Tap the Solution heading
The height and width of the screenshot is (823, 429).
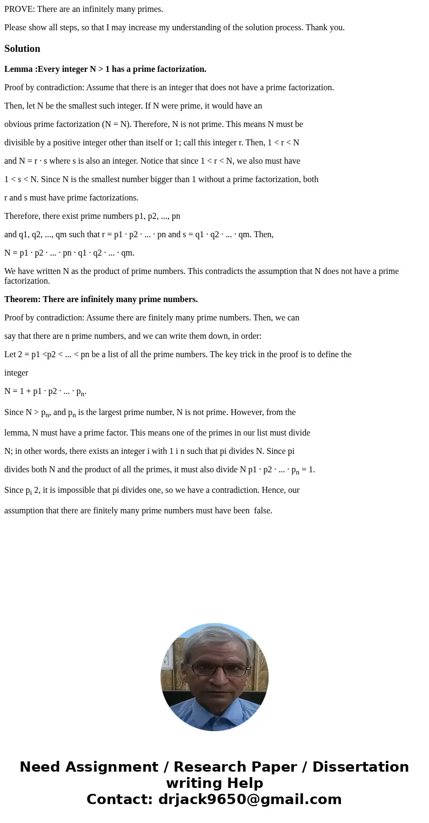click(x=22, y=49)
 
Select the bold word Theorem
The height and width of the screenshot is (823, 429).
click(x=23, y=299)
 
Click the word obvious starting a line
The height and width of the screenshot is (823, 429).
click(x=18, y=124)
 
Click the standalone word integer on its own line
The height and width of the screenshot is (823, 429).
click(x=16, y=373)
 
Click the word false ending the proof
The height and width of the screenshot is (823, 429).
click(x=263, y=510)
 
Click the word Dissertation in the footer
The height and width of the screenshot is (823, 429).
click(x=360, y=767)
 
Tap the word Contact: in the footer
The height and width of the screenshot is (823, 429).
click(x=119, y=799)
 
